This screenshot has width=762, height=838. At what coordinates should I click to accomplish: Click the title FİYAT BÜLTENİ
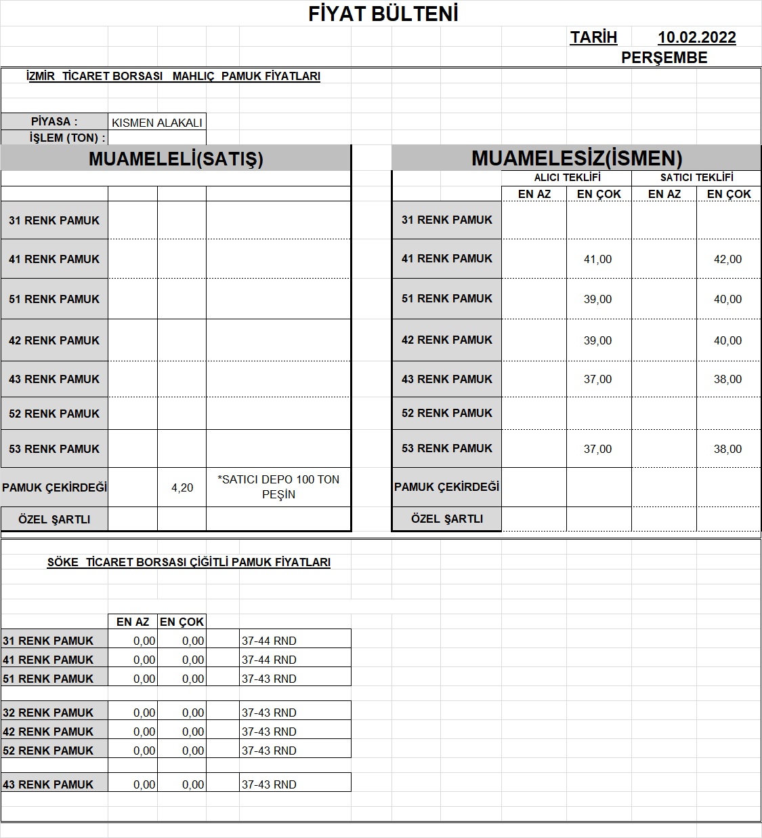click(x=383, y=14)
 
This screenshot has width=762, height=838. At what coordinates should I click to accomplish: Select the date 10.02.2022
click(x=696, y=38)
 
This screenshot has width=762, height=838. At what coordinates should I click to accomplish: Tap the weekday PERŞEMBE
click(x=664, y=58)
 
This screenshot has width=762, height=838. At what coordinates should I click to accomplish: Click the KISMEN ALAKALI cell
click(x=157, y=123)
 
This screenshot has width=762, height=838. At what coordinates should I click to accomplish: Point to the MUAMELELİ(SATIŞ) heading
click(x=176, y=159)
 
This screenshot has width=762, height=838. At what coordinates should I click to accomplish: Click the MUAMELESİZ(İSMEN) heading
click(x=576, y=159)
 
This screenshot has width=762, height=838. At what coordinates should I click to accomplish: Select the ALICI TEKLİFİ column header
click(x=567, y=178)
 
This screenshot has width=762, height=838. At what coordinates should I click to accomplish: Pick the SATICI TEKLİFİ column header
click(x=696, y=178)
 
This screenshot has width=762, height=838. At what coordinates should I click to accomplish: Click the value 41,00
click(x=597, y=259)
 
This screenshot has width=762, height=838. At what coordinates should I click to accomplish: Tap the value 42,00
click(x=727, y=259)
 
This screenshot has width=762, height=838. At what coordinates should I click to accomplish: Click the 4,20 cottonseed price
click(x=182, y=487)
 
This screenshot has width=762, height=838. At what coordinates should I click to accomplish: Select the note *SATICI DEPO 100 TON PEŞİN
click(x=278, y=487)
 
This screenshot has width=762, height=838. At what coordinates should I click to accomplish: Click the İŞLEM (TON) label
click(x=68, y=138)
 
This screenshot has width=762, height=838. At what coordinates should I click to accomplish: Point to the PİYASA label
click(x=54, y=122)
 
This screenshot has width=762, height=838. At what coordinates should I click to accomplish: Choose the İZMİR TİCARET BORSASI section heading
click(x=173, y=77)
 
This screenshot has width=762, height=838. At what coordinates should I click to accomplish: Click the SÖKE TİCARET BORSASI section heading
click(x=189, y=562)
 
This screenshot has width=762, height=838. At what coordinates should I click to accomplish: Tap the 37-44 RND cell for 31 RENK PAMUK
click(x=269, y=641)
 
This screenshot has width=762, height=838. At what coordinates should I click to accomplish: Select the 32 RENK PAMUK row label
click(x=48, y=713)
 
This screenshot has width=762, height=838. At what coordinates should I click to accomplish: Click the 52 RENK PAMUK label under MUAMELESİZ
click(x=447, y=413)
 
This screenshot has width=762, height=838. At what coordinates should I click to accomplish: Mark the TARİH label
click(x=593, y=38)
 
